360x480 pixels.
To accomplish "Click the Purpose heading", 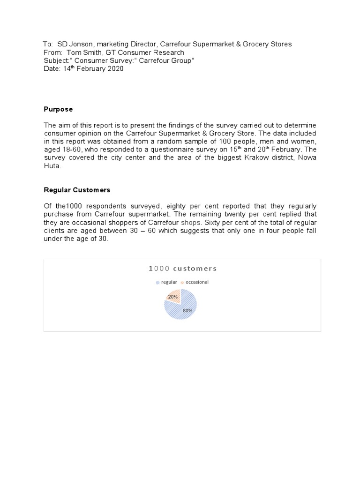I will tap(58, 109).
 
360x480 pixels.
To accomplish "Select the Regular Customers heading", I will tap(77, 190).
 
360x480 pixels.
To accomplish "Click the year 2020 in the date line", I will tap(115, 69).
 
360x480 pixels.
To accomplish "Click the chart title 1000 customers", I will tap(183, 269).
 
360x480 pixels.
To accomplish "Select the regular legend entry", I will tap(169, 282).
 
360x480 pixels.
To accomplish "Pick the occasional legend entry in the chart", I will tap(197, 282).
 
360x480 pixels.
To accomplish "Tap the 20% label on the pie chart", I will tap(173, 297).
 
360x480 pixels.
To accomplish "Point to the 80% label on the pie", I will tap(187, 310).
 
